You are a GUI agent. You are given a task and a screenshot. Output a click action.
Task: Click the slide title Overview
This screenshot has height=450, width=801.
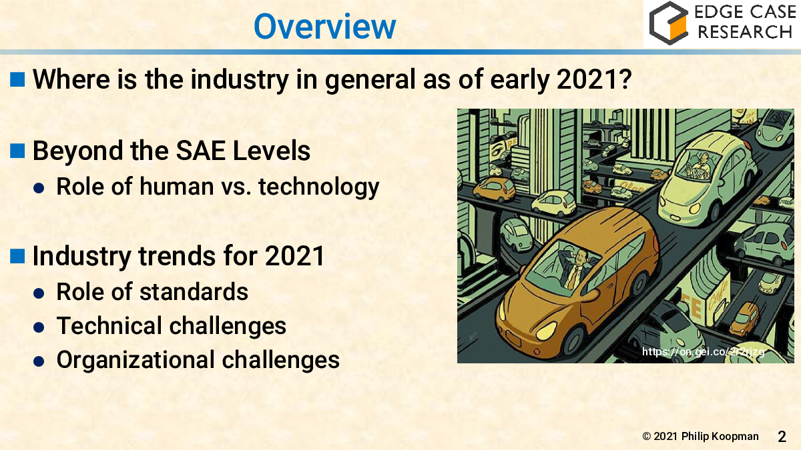click(x=324, y=27)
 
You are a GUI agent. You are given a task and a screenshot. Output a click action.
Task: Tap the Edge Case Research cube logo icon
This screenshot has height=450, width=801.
click(x=668, y=23)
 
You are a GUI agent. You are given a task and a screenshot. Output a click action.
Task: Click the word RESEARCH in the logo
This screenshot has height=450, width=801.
click(x=745, y=32)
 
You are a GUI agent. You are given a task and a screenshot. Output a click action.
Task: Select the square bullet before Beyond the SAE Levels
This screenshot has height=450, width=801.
click(x=17, y=151)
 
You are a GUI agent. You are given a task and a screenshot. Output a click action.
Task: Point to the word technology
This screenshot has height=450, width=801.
click(x=318, y=187)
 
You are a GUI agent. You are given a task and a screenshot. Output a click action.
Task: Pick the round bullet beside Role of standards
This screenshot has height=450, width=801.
click(x=39, y=293)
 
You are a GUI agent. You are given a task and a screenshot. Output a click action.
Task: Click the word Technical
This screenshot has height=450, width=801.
click(x=109, y=326)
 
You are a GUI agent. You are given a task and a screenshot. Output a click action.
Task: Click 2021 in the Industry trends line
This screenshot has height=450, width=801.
click(x=294, y=256)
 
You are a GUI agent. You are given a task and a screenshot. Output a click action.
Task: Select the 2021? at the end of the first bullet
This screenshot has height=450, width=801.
click(x=594, y=79)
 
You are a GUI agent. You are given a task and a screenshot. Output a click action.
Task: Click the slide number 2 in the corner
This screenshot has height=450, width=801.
click(x=782, y=437)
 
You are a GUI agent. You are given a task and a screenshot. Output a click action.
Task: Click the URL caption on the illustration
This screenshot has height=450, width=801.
click(x=704, y=352)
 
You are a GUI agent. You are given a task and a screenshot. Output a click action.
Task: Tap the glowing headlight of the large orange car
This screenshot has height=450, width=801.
click(x=546, y=331)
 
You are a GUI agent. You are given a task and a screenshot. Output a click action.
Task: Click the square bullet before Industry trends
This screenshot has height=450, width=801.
click(x=17, y=256)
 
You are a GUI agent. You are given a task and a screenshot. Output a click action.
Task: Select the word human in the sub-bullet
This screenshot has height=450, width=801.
click(x=177, y=187)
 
